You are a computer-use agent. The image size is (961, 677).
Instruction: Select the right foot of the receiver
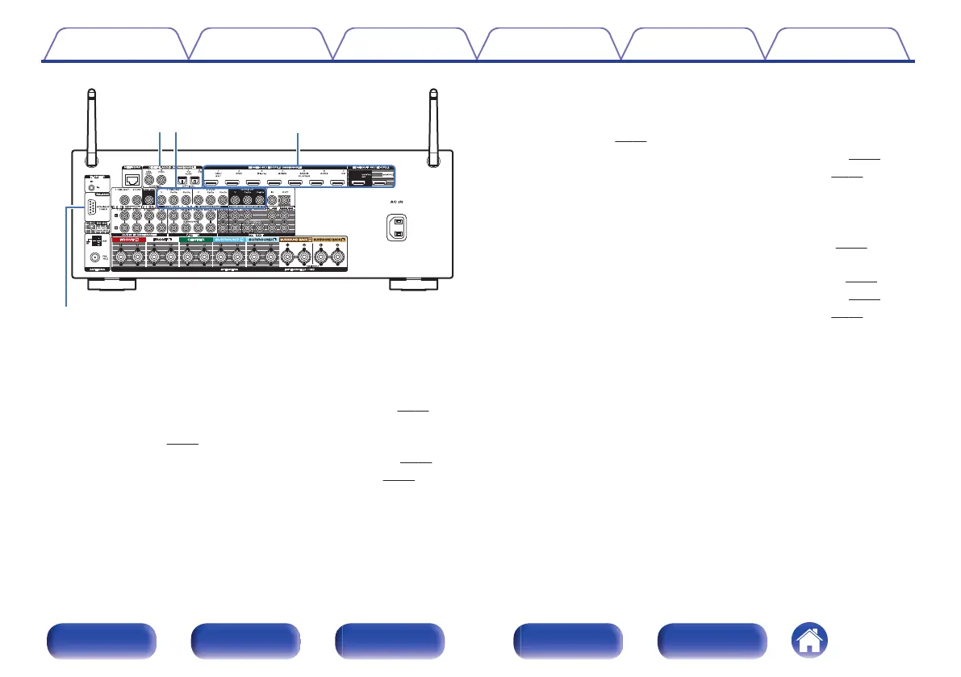pyautogui.click(x=413, y=285)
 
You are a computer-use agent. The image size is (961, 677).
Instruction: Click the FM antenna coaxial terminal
pyautogui.click(x=96, y=259)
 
